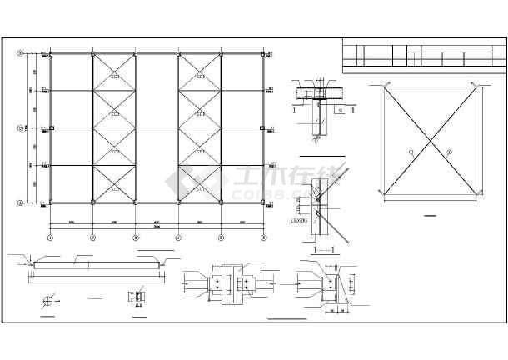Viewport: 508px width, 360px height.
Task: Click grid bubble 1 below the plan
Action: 50,237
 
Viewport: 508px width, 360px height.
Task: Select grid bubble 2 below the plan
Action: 92,237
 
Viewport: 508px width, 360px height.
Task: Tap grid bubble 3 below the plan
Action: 136,237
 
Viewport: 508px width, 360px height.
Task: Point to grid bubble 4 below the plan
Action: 178,237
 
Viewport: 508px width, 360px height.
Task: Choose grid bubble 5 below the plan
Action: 221,237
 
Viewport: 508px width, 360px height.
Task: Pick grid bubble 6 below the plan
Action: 263,237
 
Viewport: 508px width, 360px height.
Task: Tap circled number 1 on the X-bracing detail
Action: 411,151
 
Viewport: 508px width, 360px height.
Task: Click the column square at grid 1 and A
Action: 50,202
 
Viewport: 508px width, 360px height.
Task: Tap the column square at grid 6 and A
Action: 263,202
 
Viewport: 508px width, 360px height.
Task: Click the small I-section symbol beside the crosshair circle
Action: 136,297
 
